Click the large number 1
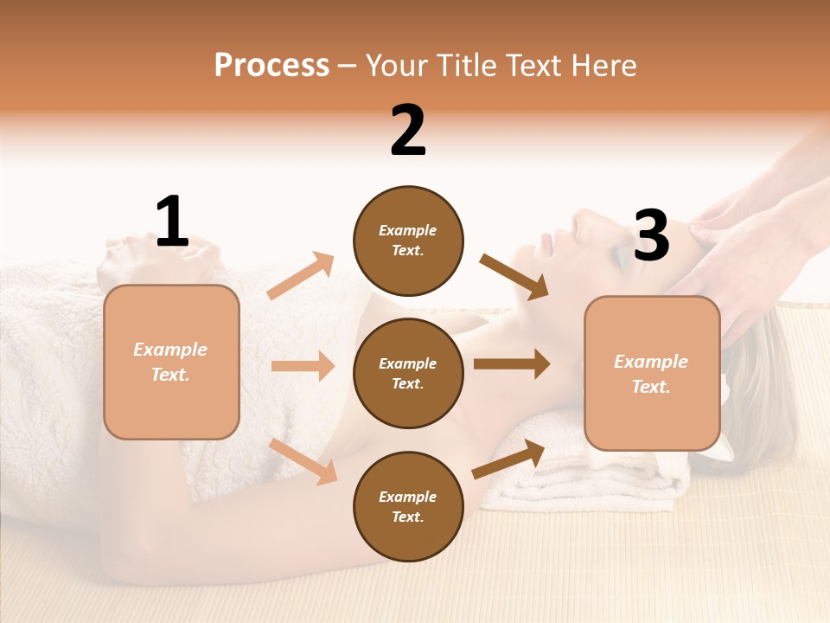pos(172,222)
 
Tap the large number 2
pos(408,131)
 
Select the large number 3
pos(651,235)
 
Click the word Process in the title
pos(271,66)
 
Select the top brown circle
pos(408,241)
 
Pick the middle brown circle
pos(408,373)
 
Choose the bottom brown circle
pos(408,506)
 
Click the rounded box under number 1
pos(171,362)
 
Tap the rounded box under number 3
pos(652,373)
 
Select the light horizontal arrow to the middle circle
pos(303,366)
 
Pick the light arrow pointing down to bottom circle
pos(303,461)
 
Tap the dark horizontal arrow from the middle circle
pos(512,364)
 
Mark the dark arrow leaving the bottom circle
pos(508,459)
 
